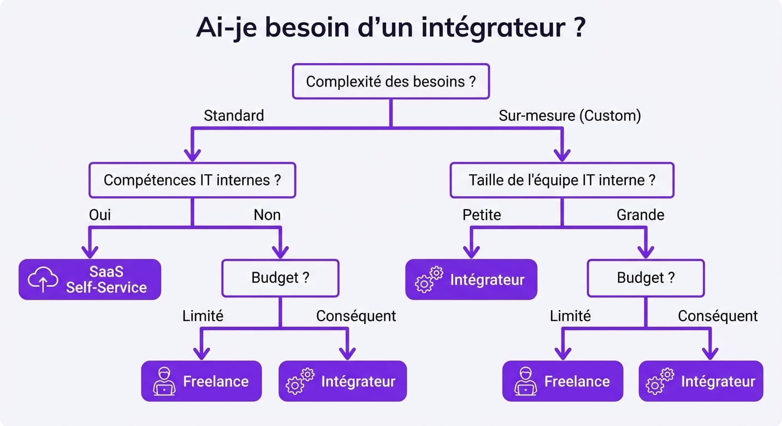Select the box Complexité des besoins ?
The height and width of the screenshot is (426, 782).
pos(390,82)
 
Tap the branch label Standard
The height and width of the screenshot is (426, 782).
pos(233,115)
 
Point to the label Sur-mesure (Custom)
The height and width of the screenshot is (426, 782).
pos(569,115)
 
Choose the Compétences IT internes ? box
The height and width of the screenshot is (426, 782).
pos(192,180)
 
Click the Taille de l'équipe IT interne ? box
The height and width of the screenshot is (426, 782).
pos(562,180)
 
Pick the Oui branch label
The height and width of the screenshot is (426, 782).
pos(100,215)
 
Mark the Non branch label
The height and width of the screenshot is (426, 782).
pos(267,215)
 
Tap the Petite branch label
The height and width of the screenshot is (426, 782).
pos(482,215)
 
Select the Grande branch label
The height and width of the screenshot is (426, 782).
pos(640,215)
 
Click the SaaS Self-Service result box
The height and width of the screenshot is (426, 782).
pos(90,280)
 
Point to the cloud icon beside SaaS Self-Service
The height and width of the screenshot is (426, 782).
pos(43,280)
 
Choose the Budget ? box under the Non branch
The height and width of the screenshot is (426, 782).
pos(280,278)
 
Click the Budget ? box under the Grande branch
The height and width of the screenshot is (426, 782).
pos(645,278)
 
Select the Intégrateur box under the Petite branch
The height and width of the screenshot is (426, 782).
pos(471,280)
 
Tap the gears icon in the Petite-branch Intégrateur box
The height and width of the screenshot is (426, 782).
pos(429,280)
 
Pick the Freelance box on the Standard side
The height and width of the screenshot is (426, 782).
pos(201,381)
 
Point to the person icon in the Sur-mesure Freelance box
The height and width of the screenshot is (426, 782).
pos(525,381)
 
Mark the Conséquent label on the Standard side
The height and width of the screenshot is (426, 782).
pos(356,316)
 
